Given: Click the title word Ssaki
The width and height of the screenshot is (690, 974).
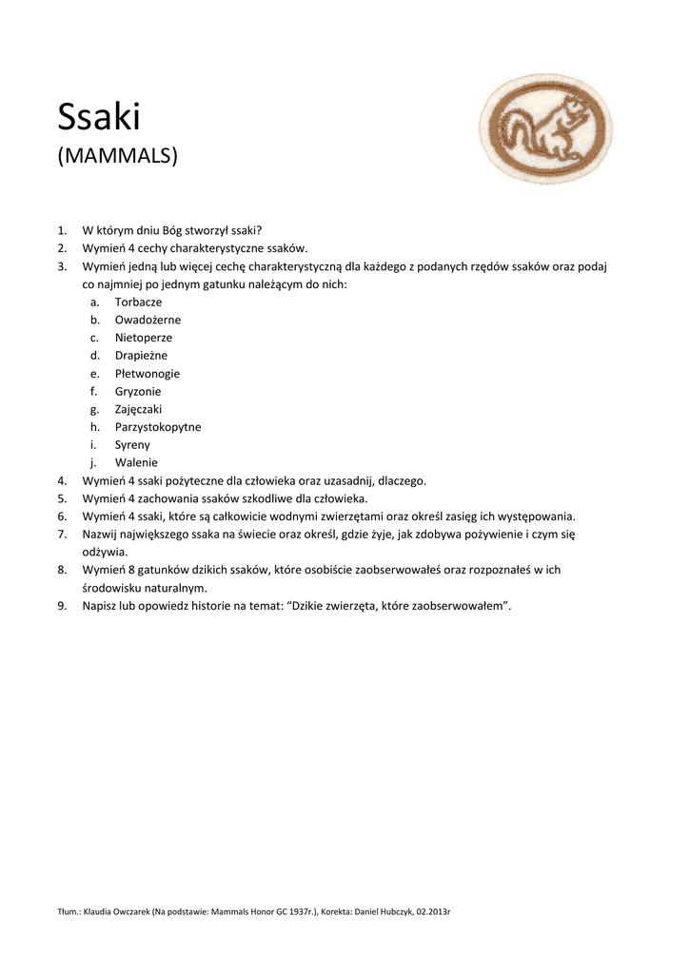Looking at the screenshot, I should coord(98,117).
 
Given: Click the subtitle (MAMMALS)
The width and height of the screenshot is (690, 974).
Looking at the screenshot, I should coord(118,154).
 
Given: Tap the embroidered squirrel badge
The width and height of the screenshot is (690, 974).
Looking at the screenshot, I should coord(545,130).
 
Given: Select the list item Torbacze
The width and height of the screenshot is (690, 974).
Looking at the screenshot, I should coord(138,302).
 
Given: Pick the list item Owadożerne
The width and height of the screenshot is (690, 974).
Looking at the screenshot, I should coord(148,320).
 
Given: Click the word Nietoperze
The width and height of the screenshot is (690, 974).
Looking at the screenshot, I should coord(144,338).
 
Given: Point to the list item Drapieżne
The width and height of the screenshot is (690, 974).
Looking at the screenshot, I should coord(141,356).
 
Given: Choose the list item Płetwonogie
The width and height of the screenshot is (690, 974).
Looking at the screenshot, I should coord(148,374).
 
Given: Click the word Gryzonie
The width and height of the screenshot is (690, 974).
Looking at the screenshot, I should coord(138,391).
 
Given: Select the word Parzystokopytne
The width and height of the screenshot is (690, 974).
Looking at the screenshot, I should coord(158,427).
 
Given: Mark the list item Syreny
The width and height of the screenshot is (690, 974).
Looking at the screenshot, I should coord(132,444).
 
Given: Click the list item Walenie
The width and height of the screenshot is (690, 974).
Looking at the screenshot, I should coord(136,462).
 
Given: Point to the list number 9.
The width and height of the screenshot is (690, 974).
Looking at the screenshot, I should coord(61,605).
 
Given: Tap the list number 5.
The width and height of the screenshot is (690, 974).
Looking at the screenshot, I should coord(61,497).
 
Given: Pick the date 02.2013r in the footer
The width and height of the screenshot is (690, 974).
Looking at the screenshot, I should coord(429,912).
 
